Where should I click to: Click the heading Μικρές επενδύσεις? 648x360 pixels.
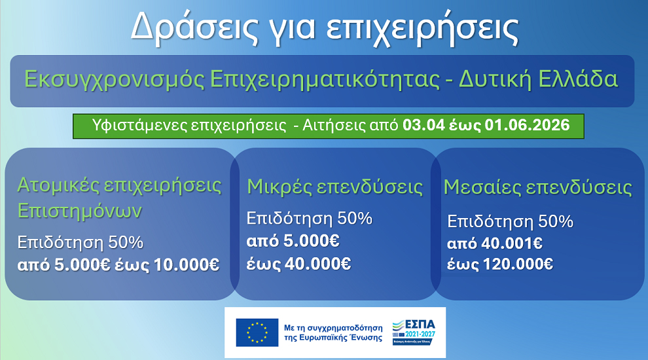(334, 187)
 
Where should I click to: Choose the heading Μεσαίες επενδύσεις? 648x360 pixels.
(537, 188)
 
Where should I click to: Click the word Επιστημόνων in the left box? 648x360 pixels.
(79, 211)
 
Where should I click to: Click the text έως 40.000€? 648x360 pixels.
(298, 264)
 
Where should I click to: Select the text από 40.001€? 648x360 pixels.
(494, 244)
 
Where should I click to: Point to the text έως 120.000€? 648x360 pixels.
(500, 264)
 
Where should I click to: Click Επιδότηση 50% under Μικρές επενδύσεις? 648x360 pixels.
(309, 218)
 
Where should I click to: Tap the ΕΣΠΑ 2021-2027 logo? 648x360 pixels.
(413, 333)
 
